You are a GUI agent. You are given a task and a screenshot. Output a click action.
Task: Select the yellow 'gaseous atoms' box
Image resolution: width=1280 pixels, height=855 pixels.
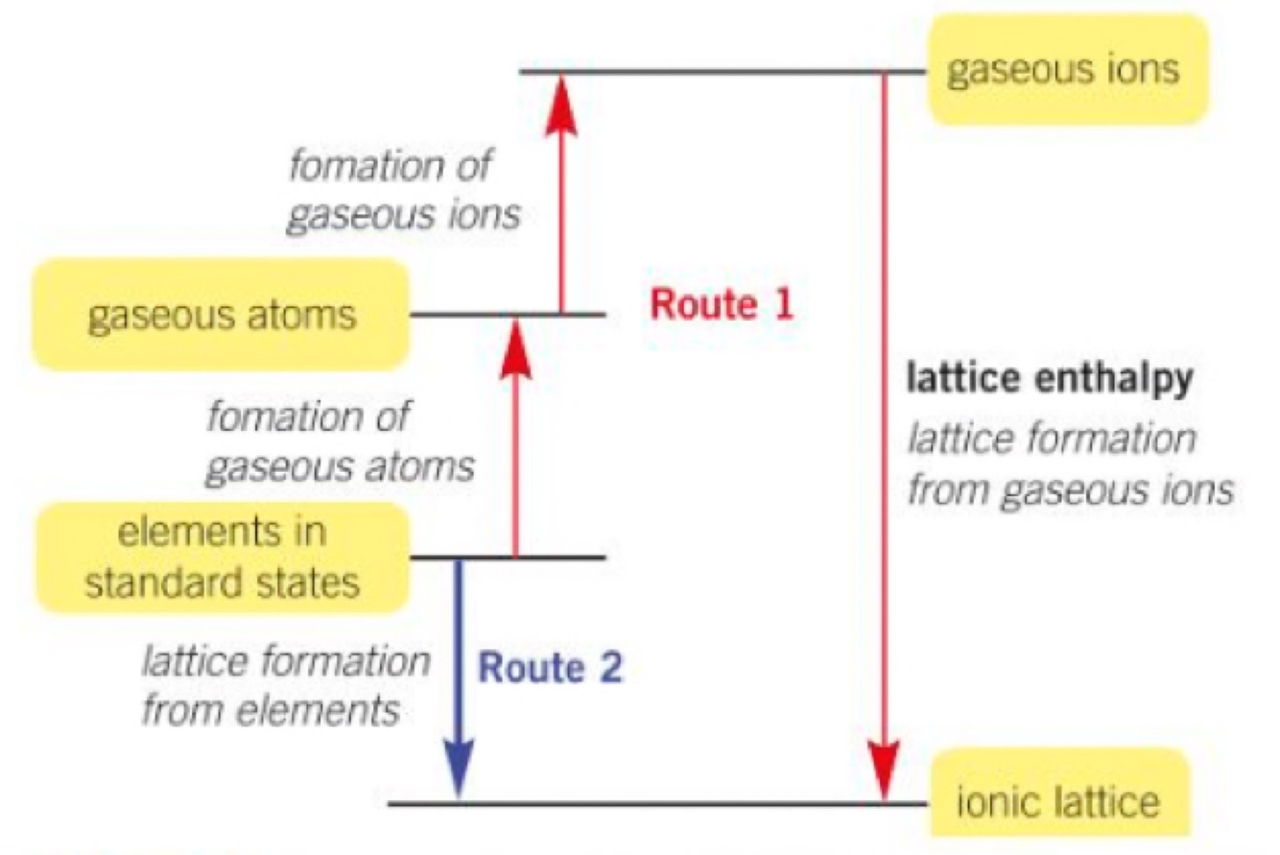[x=222, y=315]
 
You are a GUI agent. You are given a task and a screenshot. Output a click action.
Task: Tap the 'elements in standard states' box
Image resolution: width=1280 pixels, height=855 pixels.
[x=222, y=558]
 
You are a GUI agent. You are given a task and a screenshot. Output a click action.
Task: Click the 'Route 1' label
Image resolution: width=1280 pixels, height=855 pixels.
[x=722, y=305]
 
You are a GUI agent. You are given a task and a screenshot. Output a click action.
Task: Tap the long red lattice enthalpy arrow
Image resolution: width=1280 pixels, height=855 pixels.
[x=884, y=432]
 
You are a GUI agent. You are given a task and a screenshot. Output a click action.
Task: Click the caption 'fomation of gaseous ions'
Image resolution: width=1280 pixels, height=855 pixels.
[x=404, y=190]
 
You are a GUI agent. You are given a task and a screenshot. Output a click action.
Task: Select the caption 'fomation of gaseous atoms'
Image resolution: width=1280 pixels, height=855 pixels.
[x=342, y=442]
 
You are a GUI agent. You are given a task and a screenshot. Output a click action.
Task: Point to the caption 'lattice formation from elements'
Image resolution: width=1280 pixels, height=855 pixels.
[x=286, y=686]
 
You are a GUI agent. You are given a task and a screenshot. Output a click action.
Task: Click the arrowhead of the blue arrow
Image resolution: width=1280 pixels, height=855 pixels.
[x=459, y=768]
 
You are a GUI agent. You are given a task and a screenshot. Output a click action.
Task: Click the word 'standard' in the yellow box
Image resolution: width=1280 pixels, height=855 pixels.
[x=153, y=582]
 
